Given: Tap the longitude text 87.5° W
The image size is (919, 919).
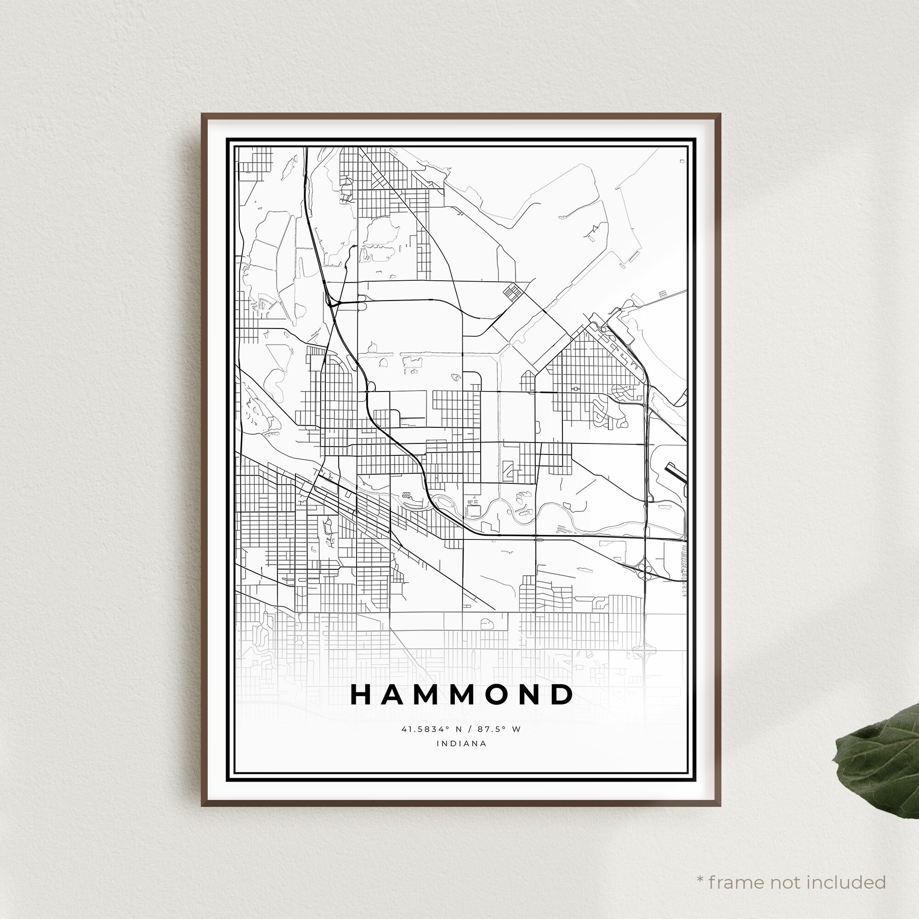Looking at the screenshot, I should click(x=501, y=729).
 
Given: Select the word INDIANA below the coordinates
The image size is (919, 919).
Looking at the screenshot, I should click(x=461, y=743).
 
